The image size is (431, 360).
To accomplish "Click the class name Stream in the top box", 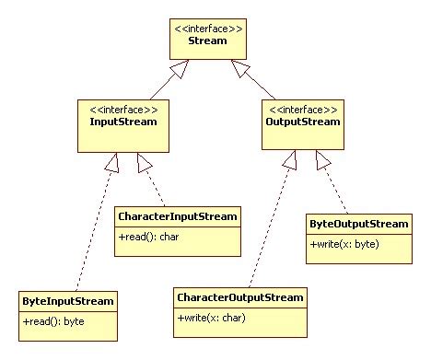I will (208, 41).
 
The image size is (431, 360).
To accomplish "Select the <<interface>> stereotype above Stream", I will (208, 29).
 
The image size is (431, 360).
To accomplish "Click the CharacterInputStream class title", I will (178, 217).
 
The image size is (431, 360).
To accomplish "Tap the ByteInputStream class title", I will (69, 301).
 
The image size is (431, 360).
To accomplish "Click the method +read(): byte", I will (54, 320).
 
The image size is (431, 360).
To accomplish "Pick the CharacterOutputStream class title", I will (239, 298).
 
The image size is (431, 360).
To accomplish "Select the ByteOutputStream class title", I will (357, 224).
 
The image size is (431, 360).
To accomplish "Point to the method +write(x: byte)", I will (344, 244).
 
